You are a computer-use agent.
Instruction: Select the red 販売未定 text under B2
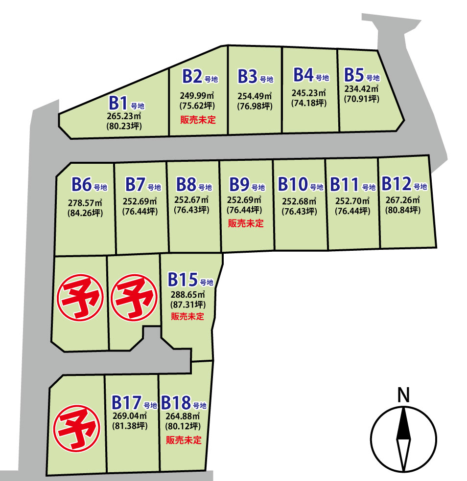198,120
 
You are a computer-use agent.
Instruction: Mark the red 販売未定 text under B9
246,223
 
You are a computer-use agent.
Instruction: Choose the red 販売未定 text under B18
184,440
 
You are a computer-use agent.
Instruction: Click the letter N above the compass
403,394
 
